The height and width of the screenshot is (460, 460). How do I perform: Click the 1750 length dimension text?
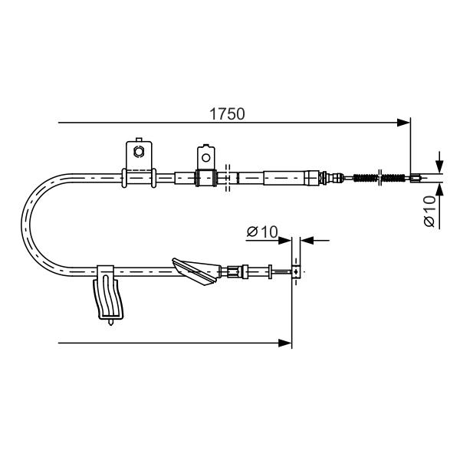pyautogui.click(x=227, y=114)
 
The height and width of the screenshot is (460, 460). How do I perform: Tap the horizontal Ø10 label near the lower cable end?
pyautogui.click(x=262, y=232)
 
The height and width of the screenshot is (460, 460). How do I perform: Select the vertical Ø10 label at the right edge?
pyautogui.click(x=429, y=211)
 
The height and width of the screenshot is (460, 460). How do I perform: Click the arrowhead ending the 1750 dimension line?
pyautogui.click(x=403, y=123)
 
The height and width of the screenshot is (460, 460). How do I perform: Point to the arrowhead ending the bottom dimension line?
pyautogui.click(x=285, y=343)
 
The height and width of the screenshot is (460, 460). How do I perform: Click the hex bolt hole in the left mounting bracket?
pyautogui.click(x=138, y=151)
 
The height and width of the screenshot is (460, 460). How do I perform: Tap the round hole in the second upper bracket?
pyautogui.click(x=206, y=158)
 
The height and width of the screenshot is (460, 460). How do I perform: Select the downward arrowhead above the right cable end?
pyautogui.click(x=439, y=166)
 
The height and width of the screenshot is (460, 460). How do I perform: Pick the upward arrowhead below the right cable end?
pyautogui.click(x=439, y=189)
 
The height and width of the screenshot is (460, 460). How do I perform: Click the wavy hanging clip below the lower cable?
pyautogui.click(x=108, y=299)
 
